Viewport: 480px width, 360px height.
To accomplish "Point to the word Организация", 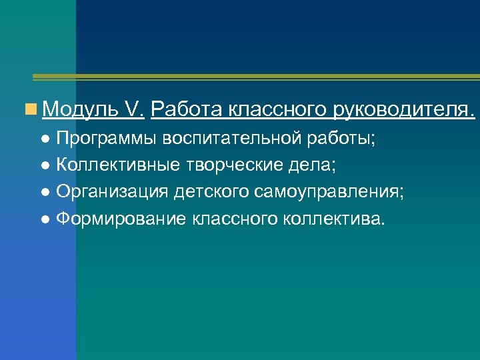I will click(x=113, y=193).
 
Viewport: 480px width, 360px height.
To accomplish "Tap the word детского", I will click(x=212, y=193).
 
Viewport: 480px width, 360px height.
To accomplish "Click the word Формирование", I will click(x=122, y=219).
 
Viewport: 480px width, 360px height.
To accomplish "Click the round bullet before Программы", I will click(x=45, y=140).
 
